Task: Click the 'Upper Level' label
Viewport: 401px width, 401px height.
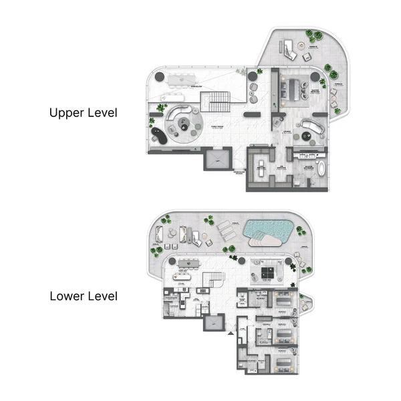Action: (x=83, y=113)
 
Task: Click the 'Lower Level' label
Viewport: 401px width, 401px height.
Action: (x=83, y=295)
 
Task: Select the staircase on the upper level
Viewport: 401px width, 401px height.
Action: (x=219, y=102)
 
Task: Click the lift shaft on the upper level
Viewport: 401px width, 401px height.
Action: (x=217, y=161)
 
